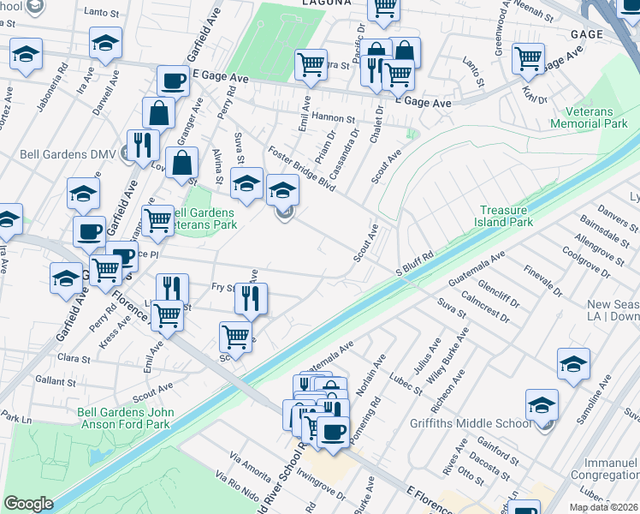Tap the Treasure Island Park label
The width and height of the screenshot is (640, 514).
pyautogui.click(x=507, y=216)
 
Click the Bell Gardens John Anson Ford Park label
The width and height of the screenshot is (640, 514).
pyautogui.click(x=126, y=418)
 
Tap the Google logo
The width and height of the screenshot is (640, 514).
pyautogui.click(x=28, y=503)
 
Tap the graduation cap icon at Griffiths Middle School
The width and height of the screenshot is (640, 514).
pyautogui.click(x=542, y=405)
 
